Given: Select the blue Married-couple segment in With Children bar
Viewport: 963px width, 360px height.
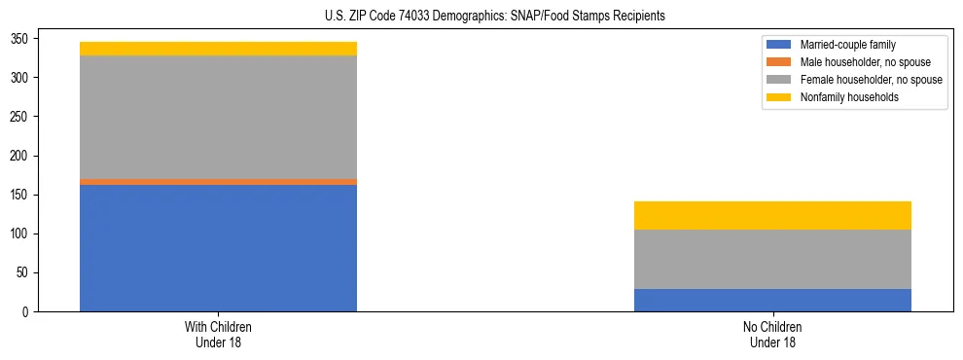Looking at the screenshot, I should point(218,248).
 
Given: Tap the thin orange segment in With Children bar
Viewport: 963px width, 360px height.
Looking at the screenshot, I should point(218,182).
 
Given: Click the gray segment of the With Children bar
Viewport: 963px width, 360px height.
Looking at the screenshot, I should point(218,117).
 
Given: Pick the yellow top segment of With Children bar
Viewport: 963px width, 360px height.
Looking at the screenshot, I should point(218,49).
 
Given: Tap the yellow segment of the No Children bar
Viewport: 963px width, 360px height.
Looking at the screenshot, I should point(772,215).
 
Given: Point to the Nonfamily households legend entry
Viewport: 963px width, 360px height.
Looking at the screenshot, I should point(843,97).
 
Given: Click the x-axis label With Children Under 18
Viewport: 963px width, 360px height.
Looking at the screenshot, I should point(218,334).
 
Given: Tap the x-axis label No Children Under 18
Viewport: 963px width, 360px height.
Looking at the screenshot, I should point(772,334).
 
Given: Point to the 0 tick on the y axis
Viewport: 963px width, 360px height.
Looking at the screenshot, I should point(27,312).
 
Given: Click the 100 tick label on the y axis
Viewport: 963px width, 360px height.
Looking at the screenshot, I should point(21,234).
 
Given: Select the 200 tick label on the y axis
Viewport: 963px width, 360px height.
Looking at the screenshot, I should point(21,156).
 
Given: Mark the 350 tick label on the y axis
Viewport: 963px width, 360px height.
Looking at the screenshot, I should point(21,39).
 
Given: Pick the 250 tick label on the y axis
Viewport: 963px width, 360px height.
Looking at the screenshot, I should point(21,117).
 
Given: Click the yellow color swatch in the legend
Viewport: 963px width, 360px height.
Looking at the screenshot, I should point(779,97).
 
